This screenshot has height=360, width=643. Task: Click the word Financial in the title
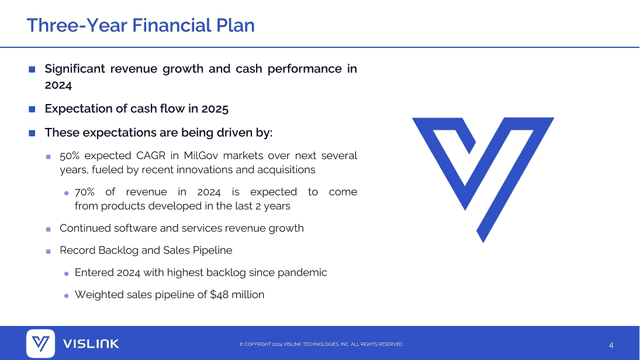click(x=171, y=25)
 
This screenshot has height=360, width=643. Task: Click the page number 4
click(x=611, y=345)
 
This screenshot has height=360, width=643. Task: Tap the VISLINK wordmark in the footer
click(x=91, y=344)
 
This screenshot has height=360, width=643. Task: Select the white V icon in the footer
click(x=40, y=344)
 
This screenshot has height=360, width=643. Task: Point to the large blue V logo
click(x=483, y=180)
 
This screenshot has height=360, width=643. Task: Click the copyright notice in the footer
click(x=321, y=344)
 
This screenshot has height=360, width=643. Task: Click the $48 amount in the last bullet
click(x=219, y=295)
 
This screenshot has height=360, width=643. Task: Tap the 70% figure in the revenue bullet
click(x=85, y=192)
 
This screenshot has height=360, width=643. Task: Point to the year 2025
click(x=215, y=109)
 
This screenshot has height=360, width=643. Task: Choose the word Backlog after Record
click(x=119, y=251)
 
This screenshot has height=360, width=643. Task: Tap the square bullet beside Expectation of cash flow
click(x=32, y=109)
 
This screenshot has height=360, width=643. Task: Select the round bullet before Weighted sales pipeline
click(x=67, y=296)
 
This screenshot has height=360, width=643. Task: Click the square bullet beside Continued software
click(x=49, y=229)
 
